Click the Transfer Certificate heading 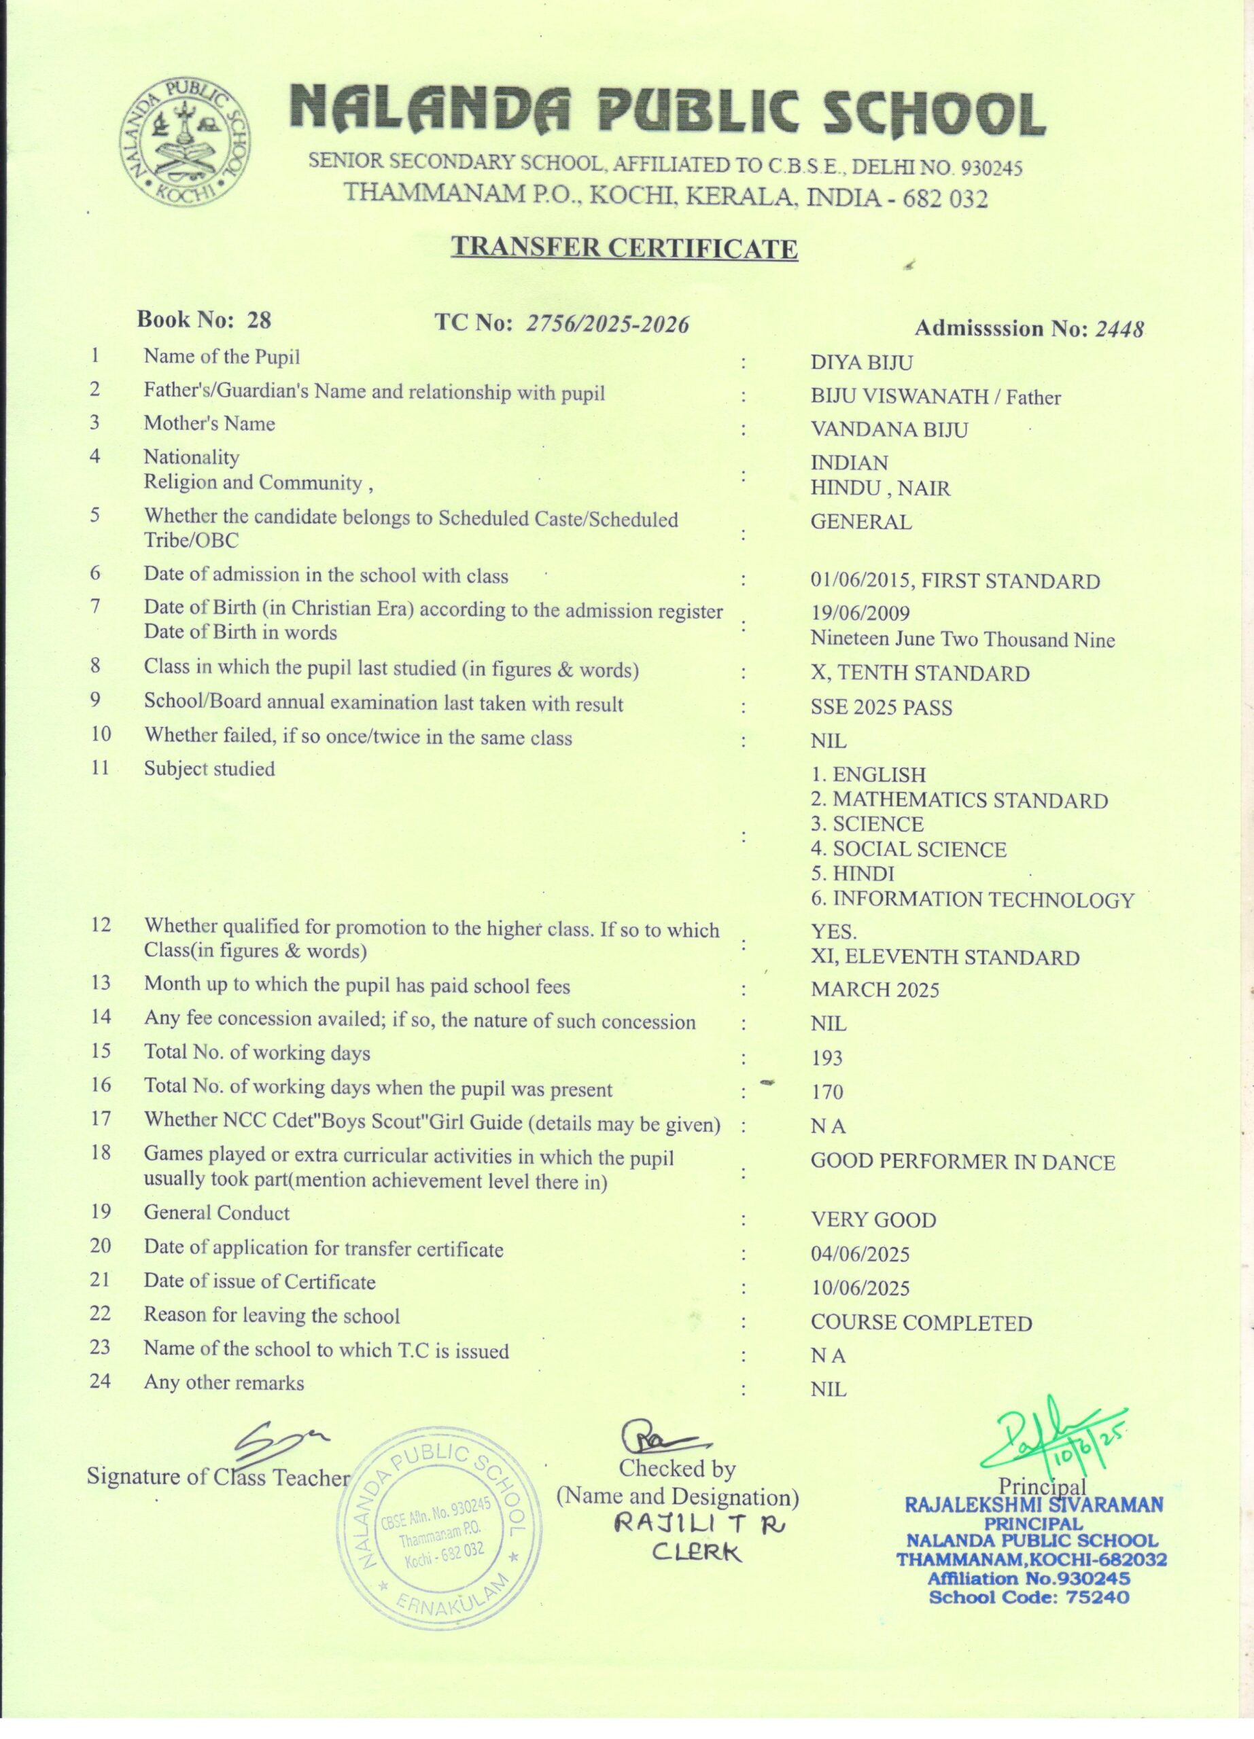(625, 249)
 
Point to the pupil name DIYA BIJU (861, 363)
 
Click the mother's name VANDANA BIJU (889, 429)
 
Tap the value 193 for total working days (826, 1059)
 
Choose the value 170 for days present (826, 1092)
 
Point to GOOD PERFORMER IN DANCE (962, 1162)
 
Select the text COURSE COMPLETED (921, 1323)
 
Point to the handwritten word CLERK (697, 1553)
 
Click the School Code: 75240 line (1028, 1598)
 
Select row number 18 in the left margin (101, 1153)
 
